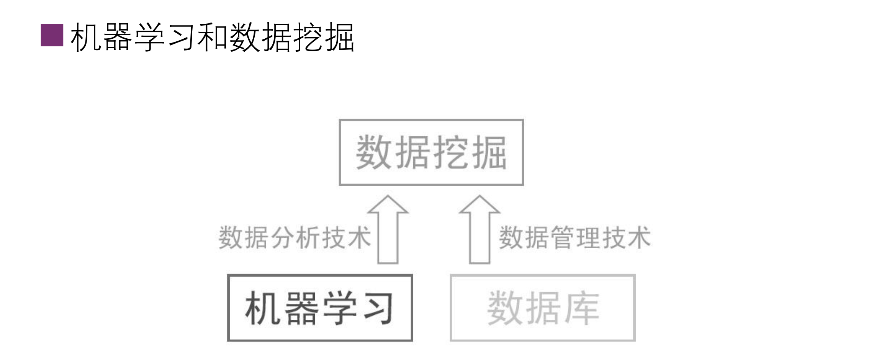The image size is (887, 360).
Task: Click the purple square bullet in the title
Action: [x=52, y=35]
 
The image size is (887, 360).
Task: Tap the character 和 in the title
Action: [x=213, y=37]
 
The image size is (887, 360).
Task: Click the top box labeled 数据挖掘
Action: [x=431, y=152]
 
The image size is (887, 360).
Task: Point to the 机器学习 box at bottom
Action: [x=320, y=308]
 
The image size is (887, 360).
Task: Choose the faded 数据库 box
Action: [x=543, y=308]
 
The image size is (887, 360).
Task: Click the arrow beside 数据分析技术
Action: [x=388, y=230]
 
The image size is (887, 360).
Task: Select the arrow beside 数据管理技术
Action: [x=480, y=230]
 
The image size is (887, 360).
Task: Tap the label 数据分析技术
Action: [x=295, y=237]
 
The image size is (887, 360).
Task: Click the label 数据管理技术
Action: [x=574, y=237]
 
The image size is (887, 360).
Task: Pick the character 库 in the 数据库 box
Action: [x=582, y=308]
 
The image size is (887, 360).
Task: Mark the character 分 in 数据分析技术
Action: [x=282, y=237]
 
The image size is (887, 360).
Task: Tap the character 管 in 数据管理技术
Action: [x=562, y=237]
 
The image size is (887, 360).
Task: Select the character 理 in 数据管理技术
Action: [x=588, y=237]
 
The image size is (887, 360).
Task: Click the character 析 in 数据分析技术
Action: [x=308, y=237]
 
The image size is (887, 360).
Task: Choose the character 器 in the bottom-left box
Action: [x=301, y=308]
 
